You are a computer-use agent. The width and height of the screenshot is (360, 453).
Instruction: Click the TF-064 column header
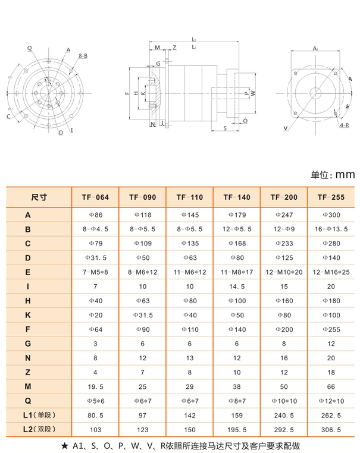[x=96, y=197]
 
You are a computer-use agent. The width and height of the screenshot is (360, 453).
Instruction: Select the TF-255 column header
[x=331, y=197]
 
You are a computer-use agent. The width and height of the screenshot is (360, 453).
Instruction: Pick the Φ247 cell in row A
[x=284, y=214]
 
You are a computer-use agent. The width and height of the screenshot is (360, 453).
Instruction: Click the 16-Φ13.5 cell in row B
[x=331, y=229]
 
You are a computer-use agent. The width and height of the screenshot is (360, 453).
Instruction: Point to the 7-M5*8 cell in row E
[x=96, y=272]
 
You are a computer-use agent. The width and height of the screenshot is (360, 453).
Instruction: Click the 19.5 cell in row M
[x=96, y=386]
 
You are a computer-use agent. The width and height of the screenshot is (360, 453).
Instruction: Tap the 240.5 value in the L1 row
[x=284, y=414]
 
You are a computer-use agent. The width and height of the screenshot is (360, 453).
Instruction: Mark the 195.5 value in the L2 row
[x=237, y=429]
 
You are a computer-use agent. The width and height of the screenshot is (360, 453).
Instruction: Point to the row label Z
[x=28, y=372]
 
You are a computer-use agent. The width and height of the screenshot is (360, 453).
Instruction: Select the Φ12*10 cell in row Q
[x=331, y=401]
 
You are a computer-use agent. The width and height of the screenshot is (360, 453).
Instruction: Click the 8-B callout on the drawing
[x=83, y=55]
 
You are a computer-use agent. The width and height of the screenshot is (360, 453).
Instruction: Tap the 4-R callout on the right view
[x=345, y=126]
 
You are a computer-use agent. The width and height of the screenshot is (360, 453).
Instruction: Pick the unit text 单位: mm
[x=333, y=175]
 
